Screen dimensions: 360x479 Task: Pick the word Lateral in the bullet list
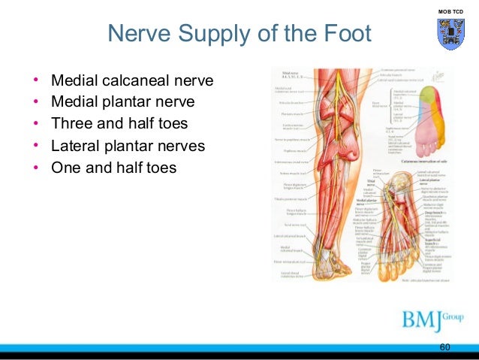pyautogui.click(x=76, y=144)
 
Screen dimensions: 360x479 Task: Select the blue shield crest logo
pyautogui.click(x=448, y=35)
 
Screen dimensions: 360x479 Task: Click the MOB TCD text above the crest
pyautogui.click(x=448, y=12)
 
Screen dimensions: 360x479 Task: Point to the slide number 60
pyautogui.click(x=444, y=347)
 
